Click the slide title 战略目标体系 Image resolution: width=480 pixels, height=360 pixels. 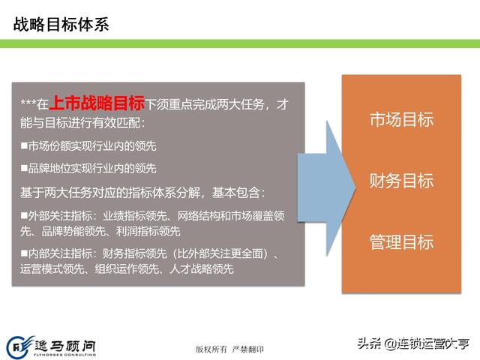tap(61, 24)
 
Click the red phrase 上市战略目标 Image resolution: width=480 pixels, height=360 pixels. tap(97, 103)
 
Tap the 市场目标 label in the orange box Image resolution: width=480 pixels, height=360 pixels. tap(402, 119)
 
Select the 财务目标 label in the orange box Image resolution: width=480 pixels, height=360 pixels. tap(402, 180)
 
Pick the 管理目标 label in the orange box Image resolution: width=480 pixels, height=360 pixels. tap(402, 241)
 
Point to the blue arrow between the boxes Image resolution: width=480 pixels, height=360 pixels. tap(326, 187)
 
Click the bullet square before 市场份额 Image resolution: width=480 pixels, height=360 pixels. tap(24, 145)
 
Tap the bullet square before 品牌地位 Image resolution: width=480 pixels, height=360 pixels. tap(24, 167)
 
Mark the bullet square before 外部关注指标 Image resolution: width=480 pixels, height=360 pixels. tap(24, 215)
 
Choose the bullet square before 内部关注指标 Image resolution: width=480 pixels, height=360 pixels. tap(24, 253)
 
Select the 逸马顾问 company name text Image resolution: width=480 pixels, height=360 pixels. tap(65, 346)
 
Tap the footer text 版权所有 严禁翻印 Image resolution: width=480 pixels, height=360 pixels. tap(229, 349)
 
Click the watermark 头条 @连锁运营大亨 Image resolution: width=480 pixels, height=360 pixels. tap(413, 343)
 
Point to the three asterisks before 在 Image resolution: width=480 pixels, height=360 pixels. tap(28, 103)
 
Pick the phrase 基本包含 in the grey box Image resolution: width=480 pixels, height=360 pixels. tap(236, 193)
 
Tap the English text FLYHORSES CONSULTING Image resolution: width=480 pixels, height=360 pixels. tap(65, 355)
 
